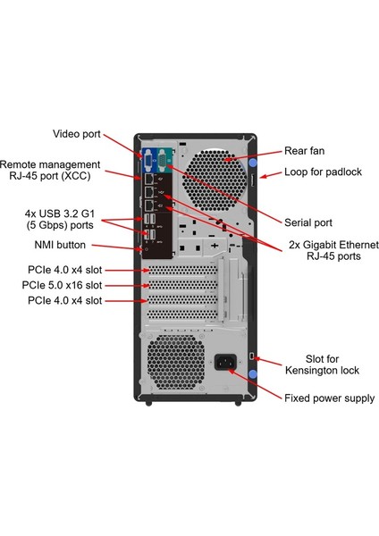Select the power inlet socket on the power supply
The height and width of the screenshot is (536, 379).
pyautogui.click(x=223, y=363)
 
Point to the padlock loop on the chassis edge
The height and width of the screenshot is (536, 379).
pyautogui.click(x=252, y=181)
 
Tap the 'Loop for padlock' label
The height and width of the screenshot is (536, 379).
pyautogui.click(x=323, y=172)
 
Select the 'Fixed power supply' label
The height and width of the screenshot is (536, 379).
pyautogui.click(x=329, y=398)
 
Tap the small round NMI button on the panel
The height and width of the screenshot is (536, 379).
pyautogui.click(x=144, y=242)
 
